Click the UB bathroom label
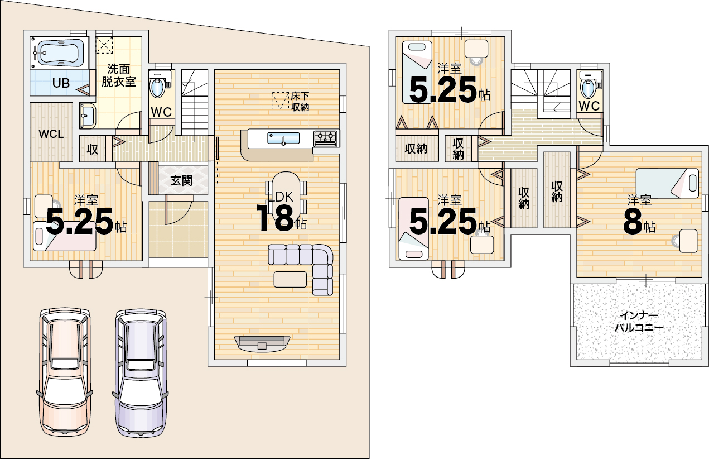pos(61,83)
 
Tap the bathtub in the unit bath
pos(60,52)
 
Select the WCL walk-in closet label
pos(51,133)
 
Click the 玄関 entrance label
pos(181,180)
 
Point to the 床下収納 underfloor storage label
pos(300,102)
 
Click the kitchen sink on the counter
pos(283,138)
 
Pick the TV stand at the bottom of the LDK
pos(262,344)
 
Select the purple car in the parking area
pos(140,373)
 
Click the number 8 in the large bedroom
pos(633,222)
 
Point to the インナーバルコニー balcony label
pos(639,322)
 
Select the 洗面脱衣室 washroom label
pos(118,75)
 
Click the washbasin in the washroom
pos(88,116)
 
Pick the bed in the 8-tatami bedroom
pos(667,183)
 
